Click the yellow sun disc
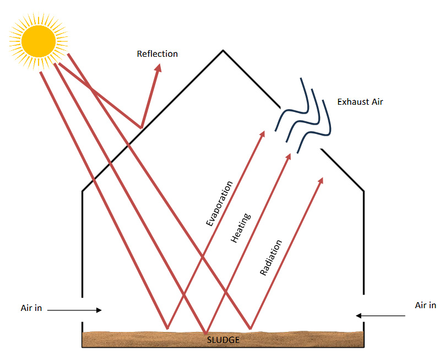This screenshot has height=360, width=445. point(39,39)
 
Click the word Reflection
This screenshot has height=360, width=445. point(158,54)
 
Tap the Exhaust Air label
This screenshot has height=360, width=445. point(360,102)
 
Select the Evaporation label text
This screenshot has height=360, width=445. point(220,203)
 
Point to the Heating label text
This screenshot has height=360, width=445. point(241,228)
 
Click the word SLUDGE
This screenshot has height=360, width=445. point(223,340)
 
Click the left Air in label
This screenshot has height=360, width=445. point(31,308)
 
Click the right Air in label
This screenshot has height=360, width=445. point(425,305)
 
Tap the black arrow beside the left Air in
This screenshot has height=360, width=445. point(75,310)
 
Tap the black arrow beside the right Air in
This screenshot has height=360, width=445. point(381,316)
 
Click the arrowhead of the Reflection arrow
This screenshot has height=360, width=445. point(159,67)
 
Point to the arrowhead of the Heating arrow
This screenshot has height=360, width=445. point(289,157)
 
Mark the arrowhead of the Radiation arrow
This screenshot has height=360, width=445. point(321,180)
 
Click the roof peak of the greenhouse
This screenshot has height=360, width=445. point(223,51)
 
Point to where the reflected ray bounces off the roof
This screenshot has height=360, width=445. point(142,128)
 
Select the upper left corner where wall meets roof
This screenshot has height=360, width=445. point(83,191)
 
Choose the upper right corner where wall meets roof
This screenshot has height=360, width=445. point(363,191)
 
